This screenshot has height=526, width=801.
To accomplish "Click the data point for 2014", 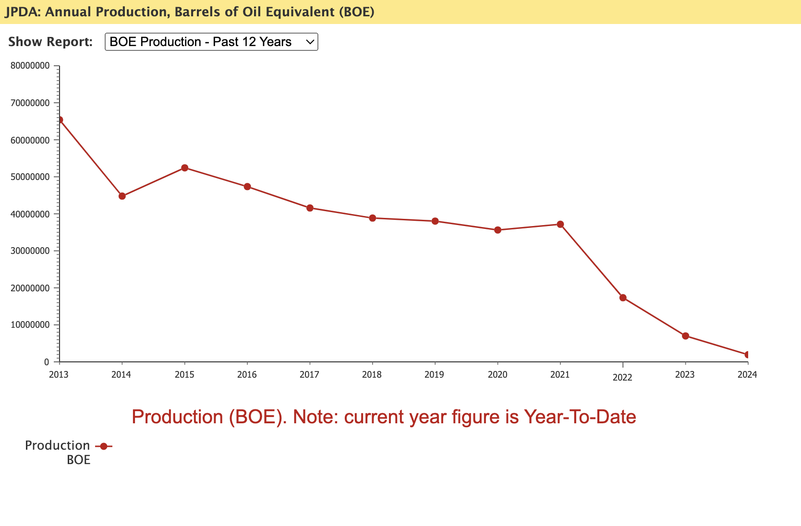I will click(x=122, y=196).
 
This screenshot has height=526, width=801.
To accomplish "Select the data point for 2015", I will click(x=184, y=168).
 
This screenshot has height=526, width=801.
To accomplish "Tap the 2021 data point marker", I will click(x=560, y=224).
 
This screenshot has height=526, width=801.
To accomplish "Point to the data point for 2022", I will click(x=623, y=298).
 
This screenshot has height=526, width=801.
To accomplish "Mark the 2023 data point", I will click(x=685, y=336).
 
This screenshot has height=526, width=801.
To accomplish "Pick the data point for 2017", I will click(x=310, y=208).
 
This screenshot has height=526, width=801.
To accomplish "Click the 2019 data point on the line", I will click(x=435, y=221).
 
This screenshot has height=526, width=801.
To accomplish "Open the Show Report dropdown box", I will click(x=211, y=42).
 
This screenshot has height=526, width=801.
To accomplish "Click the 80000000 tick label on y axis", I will click(x=30, y=66).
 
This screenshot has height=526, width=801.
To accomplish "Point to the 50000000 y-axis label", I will click(x=30, y=177).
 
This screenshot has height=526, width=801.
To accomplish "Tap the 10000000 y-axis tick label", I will click(x=30, y=324).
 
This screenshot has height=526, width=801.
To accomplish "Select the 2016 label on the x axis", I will click(x=247, y=374).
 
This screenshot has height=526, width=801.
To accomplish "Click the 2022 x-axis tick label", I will click(x=622, y=378).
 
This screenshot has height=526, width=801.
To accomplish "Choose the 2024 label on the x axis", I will click(x=747, y=374).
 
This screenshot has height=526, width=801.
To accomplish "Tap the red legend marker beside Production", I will click(x=103, y=446).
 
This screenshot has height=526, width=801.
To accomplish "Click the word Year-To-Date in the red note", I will click(x=580, y=417).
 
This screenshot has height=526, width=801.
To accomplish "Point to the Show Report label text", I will click(x=50, y=42).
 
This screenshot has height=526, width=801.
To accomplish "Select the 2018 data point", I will click(x=372, y=218).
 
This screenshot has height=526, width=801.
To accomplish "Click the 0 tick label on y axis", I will click(x=47, y=362).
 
